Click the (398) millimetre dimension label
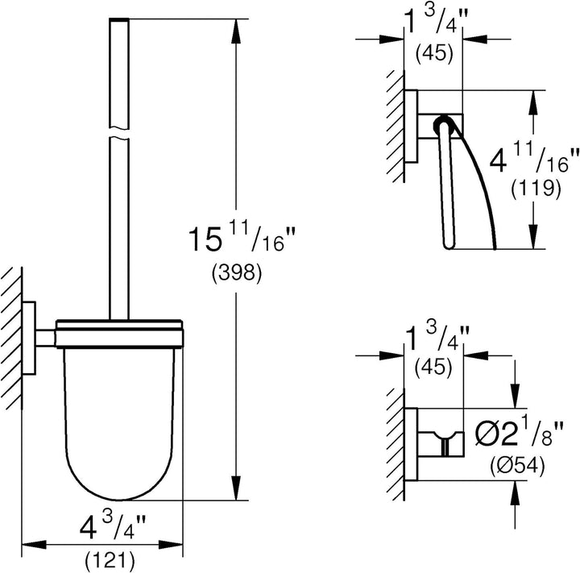click(x=234, y=273)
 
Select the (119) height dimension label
click(x=536, y=190)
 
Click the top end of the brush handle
click(x=117, y=20)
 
